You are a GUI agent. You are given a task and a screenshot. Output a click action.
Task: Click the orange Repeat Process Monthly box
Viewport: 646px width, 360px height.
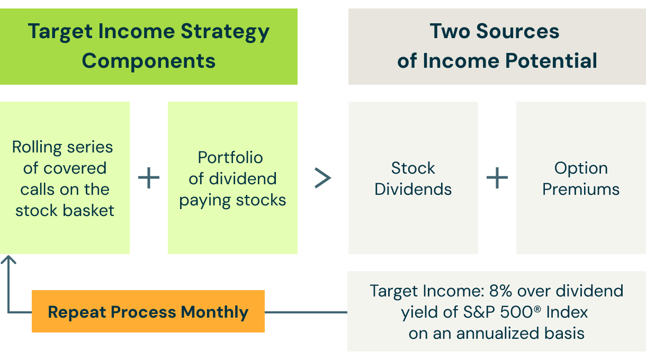click(x=148, y=311)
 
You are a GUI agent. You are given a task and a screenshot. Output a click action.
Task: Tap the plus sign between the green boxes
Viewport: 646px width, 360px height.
click(x=149, y=178)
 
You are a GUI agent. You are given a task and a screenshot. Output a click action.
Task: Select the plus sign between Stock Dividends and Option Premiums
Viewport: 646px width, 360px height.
click(x=497, y=178)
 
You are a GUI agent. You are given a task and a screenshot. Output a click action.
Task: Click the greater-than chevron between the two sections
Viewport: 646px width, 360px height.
click(x=322, y=178)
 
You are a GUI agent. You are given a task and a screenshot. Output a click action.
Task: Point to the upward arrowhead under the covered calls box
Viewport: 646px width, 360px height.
click(x=8, y=259)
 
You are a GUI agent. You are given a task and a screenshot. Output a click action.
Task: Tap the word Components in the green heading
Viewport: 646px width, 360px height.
click(x=149, y=61)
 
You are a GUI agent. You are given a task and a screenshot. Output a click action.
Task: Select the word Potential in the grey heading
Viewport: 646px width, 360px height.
click(x=551, y=61)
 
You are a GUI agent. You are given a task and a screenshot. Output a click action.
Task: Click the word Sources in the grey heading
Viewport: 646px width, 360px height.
click(x=518, y=31)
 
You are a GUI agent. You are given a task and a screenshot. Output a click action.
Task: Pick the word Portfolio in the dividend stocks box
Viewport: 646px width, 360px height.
click(x=230, y=157)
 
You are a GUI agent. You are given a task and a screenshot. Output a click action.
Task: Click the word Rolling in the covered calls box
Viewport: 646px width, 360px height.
click(x=37, y=148)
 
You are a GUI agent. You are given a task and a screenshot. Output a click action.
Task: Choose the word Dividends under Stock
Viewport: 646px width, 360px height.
click(x=413, y=190)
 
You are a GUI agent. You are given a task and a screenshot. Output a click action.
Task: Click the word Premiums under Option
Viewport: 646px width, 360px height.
click(x=581, y=190)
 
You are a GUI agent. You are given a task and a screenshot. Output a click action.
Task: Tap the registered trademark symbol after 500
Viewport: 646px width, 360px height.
click(x=537, y=309)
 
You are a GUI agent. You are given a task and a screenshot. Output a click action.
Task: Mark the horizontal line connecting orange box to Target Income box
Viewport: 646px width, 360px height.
click(x=306, y=312)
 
